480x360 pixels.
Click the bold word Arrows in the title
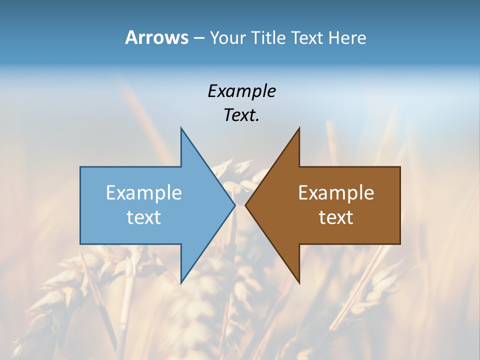[156, 37]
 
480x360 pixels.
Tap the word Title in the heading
[268, 37]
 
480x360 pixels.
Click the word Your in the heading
[227, 37]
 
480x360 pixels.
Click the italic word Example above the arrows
[241, 91]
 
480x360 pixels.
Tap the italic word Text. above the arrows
[241, 115]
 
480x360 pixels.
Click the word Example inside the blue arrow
[144, 192]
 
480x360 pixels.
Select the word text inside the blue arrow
[144, 217]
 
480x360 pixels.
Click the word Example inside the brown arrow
[336, 192]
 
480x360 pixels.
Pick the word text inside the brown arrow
[336, 217]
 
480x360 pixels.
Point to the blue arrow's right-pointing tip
[234, 205]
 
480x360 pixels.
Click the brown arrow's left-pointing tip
[245, 205]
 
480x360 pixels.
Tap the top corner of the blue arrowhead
[181, 128]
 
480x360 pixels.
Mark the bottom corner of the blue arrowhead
[181, 283]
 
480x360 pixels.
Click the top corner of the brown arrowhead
[299, 128]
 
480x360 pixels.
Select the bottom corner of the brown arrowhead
[299, 283]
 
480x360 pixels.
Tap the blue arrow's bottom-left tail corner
[81, 243]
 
